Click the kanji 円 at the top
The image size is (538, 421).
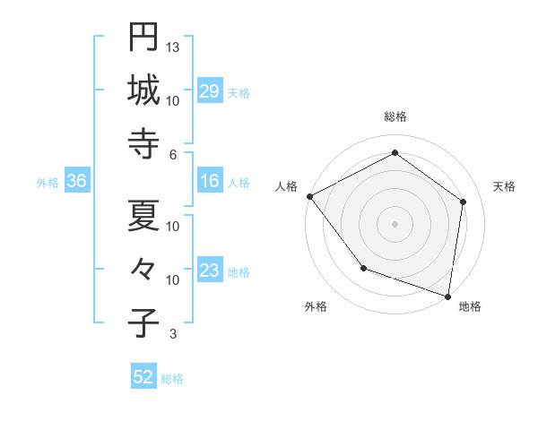tap(143, 37)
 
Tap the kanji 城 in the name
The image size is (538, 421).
tap(143, 90)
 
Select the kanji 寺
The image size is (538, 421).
tap(143, 144)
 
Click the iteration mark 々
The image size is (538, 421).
tap(143, 270)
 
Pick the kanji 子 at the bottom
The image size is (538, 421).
tap(143, 323)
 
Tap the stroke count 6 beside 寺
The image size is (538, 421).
tap(173, 154)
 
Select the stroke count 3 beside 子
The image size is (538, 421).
tap(173, 334)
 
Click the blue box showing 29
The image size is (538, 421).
tap(210, 91)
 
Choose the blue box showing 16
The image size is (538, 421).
tap(210, 182)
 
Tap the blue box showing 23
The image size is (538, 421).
tap(210, 271)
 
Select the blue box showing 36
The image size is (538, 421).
tap(76, 182)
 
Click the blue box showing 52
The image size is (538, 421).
tap(143, 377)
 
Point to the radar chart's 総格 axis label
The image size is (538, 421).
tap(395, 117)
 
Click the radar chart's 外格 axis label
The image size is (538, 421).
tap(316, 307)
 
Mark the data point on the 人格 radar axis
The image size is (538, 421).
tap(309, 196)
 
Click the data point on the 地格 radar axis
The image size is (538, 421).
tap(447, 296)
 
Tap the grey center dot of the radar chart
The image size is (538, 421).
tap(395, 223)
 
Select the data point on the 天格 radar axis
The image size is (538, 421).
tap(463, 202)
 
